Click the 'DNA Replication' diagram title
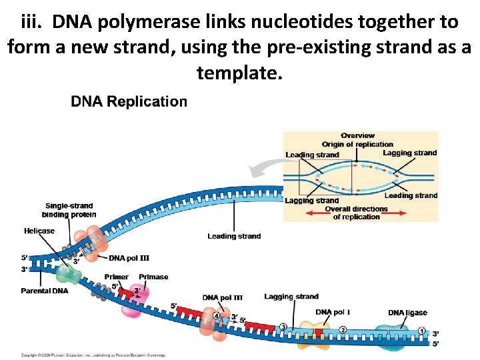(129, 102)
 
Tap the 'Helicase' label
(39, 231)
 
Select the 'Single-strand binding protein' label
(69, 210)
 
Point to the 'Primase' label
(153, 277)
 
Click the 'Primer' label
(117, 277)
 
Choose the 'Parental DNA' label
(45, 291)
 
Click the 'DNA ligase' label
(407, 313)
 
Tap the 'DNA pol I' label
(333, 312)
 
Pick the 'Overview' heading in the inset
(357, 136)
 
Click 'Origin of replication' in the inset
(357, 144)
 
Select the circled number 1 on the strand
(421, 331)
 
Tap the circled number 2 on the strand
(343, 329)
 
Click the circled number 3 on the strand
(283, 326)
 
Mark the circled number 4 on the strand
(216, 316)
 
